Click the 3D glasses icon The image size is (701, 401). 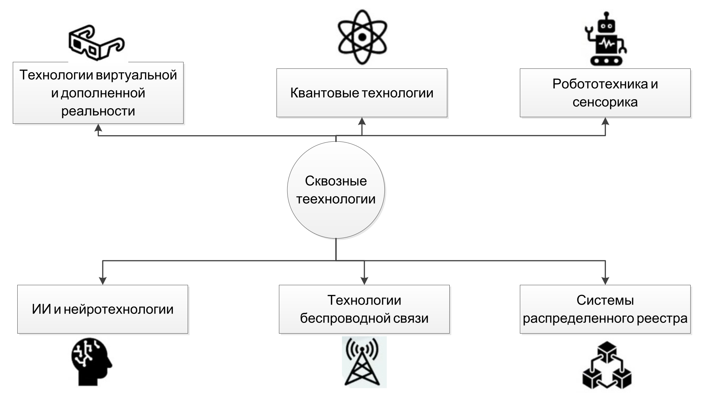tap(96, 42)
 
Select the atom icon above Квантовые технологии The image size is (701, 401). tap(362, 37)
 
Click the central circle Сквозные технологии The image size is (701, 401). tap(336, 190)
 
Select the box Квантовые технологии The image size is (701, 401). tap(362, 93)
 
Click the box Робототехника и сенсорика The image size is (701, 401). tap(605, 93)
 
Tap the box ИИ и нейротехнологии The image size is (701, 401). tap(103, 309)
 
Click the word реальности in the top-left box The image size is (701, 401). tap(98, 111)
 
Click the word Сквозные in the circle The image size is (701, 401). tap(336, 181)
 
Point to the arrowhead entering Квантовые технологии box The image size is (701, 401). tap(362, 121)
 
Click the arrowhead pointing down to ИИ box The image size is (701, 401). tap(103, 281)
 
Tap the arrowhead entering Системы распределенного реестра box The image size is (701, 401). tap(605, 281)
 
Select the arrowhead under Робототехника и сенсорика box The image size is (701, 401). tap(605, 121)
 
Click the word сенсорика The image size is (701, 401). tap(605, 102)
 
